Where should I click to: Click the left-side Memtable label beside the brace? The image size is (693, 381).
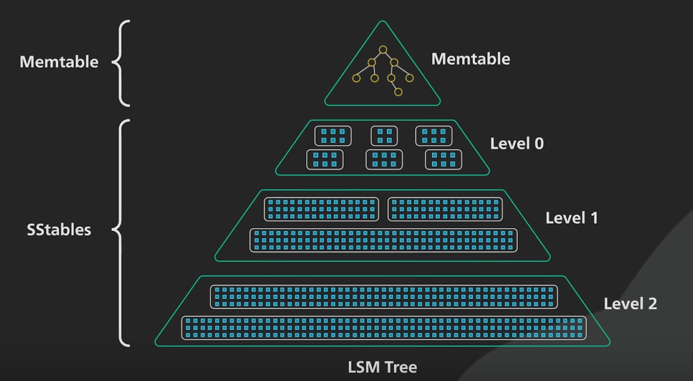[x=59, y=62]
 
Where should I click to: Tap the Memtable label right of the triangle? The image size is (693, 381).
[x=470, y=59]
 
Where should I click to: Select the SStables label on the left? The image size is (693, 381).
[x=59, y=229]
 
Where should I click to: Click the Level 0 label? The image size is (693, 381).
[x=516, y=143]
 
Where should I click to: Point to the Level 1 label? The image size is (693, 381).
[x=571, y=218]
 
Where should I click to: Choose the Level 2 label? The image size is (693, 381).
[x=630, y=304]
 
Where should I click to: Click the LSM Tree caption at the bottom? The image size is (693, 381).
[x=382, y=367]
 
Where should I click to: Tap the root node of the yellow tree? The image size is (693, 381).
[x=383, y=50]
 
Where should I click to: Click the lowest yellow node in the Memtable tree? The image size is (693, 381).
[x=398, y=92]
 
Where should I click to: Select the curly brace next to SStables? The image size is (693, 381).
[x=121, y=233]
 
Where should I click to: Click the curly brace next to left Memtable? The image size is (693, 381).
[x=121, y=63]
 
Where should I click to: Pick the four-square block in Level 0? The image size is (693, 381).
[x=384, y=136]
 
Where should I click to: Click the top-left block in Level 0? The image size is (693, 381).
[x=333, y=136]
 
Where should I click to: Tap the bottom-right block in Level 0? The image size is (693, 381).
[x=444, y=160]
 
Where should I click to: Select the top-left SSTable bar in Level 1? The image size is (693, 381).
[x=321, y=209]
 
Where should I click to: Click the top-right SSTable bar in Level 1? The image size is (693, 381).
[x=445, y=209]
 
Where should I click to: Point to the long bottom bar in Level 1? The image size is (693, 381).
[x=383, y=240]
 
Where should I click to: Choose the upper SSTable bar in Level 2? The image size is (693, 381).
[x=384, y=297]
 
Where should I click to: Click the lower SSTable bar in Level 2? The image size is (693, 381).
[x=384, y=328]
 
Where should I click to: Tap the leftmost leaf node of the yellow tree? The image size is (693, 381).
[x=356, y=78]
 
